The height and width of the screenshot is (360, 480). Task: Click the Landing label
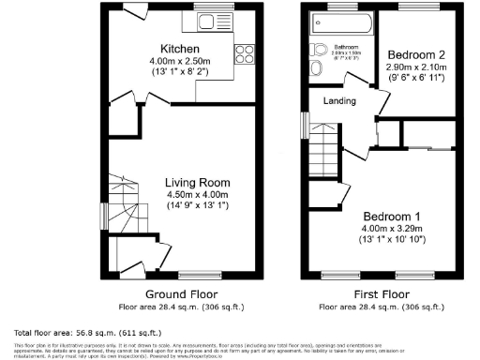[338, 100]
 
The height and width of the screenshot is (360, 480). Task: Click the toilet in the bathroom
[319, 52]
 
